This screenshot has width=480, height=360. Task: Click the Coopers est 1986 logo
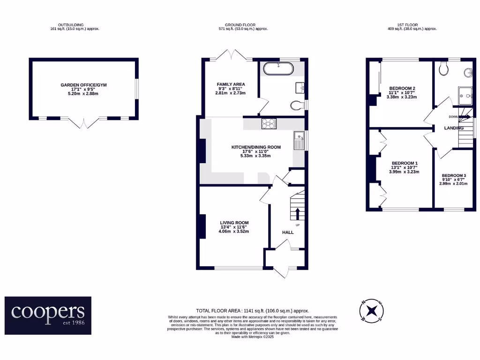(48, 315)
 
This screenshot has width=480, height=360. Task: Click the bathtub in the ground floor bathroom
(278, 69)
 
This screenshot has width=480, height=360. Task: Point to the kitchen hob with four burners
(269, 123)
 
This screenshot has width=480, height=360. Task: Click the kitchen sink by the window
(299, 141)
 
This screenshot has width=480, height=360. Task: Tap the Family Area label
(231, 89)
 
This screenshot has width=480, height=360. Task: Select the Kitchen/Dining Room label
(256, 151)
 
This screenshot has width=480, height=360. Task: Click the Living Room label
(234, 227)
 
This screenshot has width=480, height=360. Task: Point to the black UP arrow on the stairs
(297, 214)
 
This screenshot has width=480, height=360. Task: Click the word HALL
(288, 232)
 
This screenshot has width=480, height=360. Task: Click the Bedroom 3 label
(454, 180)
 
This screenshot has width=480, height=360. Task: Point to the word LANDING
(453, 128)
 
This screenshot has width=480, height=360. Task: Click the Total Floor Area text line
(252, 311)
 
